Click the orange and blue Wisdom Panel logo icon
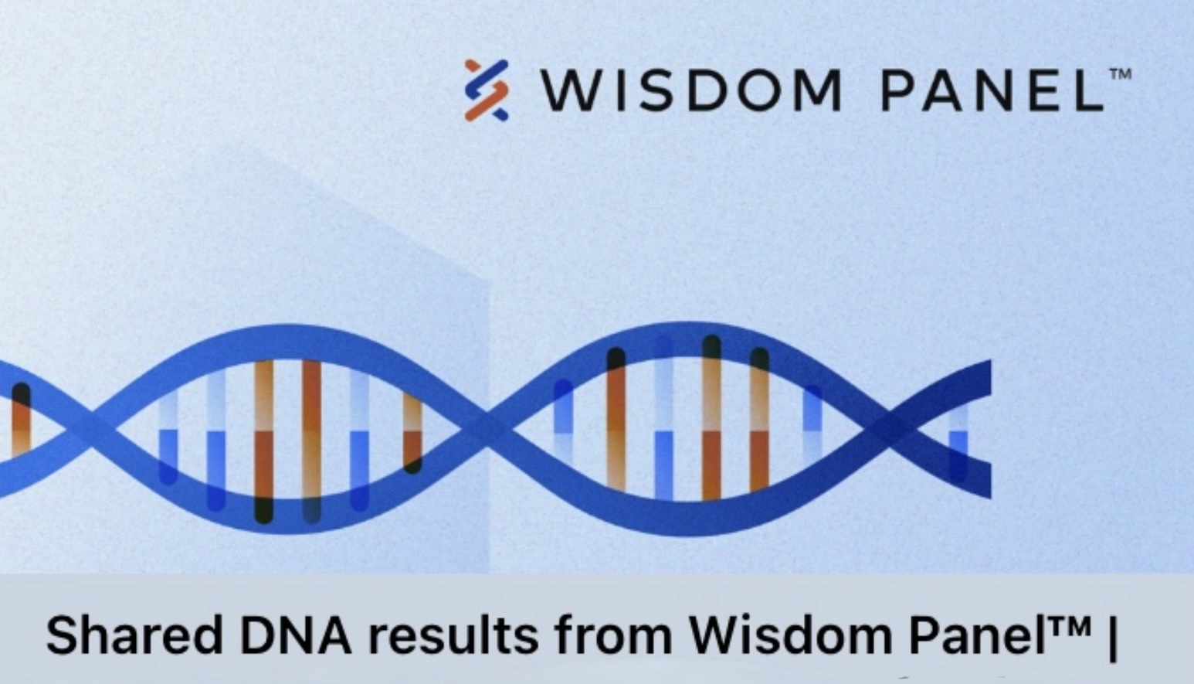[486, 90]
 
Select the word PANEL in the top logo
[992, 90]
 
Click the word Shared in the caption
[134, 635]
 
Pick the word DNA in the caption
[297, 635]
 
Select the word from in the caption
[613, 635]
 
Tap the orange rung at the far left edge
[22, 420]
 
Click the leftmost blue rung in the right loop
[563, 421]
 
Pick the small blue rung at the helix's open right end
[958, 444]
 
